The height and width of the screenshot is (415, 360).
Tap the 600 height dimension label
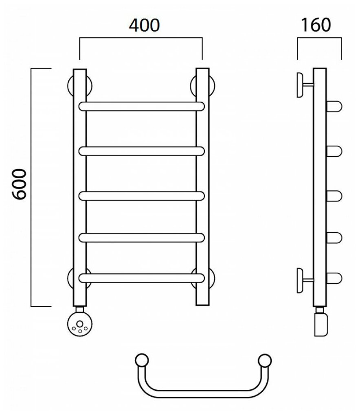19,185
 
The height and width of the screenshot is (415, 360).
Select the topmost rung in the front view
141,106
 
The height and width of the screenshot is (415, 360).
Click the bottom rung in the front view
141,278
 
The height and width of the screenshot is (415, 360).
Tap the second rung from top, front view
141,151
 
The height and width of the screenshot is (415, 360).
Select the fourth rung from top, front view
141,237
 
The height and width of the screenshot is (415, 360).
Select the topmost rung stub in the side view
334,107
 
